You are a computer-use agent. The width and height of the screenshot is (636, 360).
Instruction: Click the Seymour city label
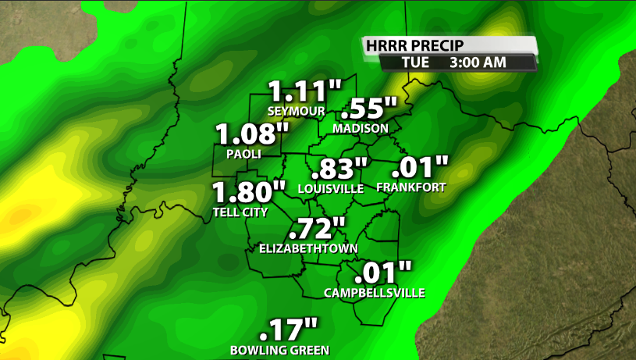296,110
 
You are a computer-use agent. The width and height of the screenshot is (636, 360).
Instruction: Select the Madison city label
360,128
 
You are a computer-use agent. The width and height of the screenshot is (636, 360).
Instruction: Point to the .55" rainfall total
370,109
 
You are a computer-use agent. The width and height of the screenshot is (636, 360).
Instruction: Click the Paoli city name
243,154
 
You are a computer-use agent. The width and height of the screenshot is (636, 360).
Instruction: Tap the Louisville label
331,188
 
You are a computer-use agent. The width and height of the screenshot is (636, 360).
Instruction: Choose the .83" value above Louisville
339,168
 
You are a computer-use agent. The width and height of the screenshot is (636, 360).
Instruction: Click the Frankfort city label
410,187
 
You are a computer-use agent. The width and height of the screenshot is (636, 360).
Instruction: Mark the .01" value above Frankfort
420,167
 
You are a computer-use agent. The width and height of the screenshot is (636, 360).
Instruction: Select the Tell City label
240,212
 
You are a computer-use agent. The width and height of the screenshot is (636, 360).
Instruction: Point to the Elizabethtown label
308,249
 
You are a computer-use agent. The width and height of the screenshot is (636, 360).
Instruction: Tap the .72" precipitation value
316,230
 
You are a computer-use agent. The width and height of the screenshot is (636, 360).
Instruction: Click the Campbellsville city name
375,293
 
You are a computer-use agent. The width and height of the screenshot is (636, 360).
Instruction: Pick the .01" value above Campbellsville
382,273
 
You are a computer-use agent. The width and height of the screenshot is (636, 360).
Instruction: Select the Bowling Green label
279,350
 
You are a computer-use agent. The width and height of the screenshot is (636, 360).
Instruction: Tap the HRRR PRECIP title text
412,46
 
